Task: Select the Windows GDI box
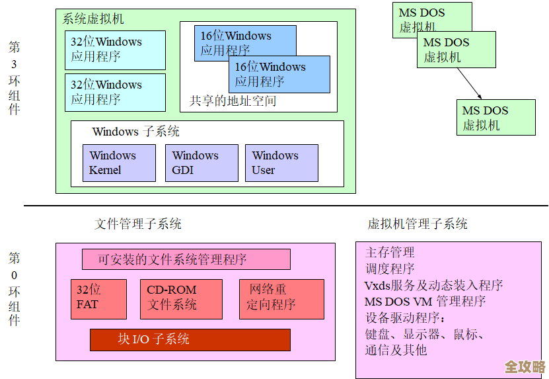[x=201, y=163]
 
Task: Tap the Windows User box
[x=281, y=163]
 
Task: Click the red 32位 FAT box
[x=98, y=299]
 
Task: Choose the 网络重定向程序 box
[x=281, y=299]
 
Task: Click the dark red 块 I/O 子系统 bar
[x=190, y=339]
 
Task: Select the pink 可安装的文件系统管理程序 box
[x=186, y=259]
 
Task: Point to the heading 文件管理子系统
[x=138, y=224]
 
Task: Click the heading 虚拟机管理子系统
[x=418, y=224]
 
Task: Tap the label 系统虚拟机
[x=93, y=19]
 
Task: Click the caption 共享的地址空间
[x=233, y=101]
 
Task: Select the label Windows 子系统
[x=136, y=132]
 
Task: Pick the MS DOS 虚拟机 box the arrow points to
[x=495, y=118]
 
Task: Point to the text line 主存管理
[x=390, y=253]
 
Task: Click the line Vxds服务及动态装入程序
[x=433, y=286]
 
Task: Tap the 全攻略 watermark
[x=525, y=366]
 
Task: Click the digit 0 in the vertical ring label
[x=15, y=275]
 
